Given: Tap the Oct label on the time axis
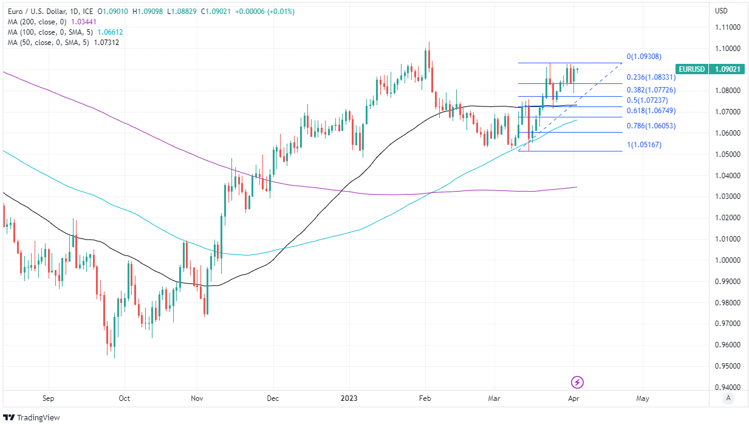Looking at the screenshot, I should click(x=124, y=398).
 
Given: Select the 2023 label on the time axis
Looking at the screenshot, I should click(x=350, y=398).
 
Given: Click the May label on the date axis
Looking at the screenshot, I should click(x=643, y=398).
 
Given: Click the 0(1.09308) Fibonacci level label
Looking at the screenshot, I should click(x=644, y=57).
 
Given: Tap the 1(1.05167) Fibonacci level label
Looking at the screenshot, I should click(x=644, y=145).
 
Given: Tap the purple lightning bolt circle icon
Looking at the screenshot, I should click(x=578, y=382).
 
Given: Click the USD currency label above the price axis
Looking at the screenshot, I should click(x=722, y=11).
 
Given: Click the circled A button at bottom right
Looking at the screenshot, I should click(x=728, y=398).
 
